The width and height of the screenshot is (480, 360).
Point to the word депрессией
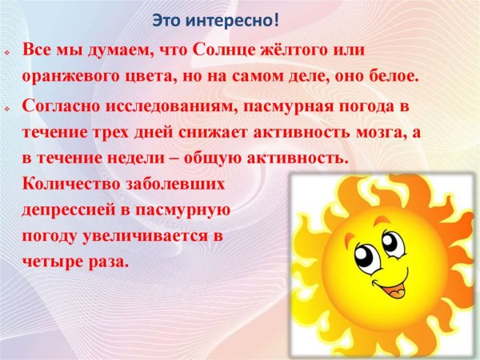click(x=66, y=211)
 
